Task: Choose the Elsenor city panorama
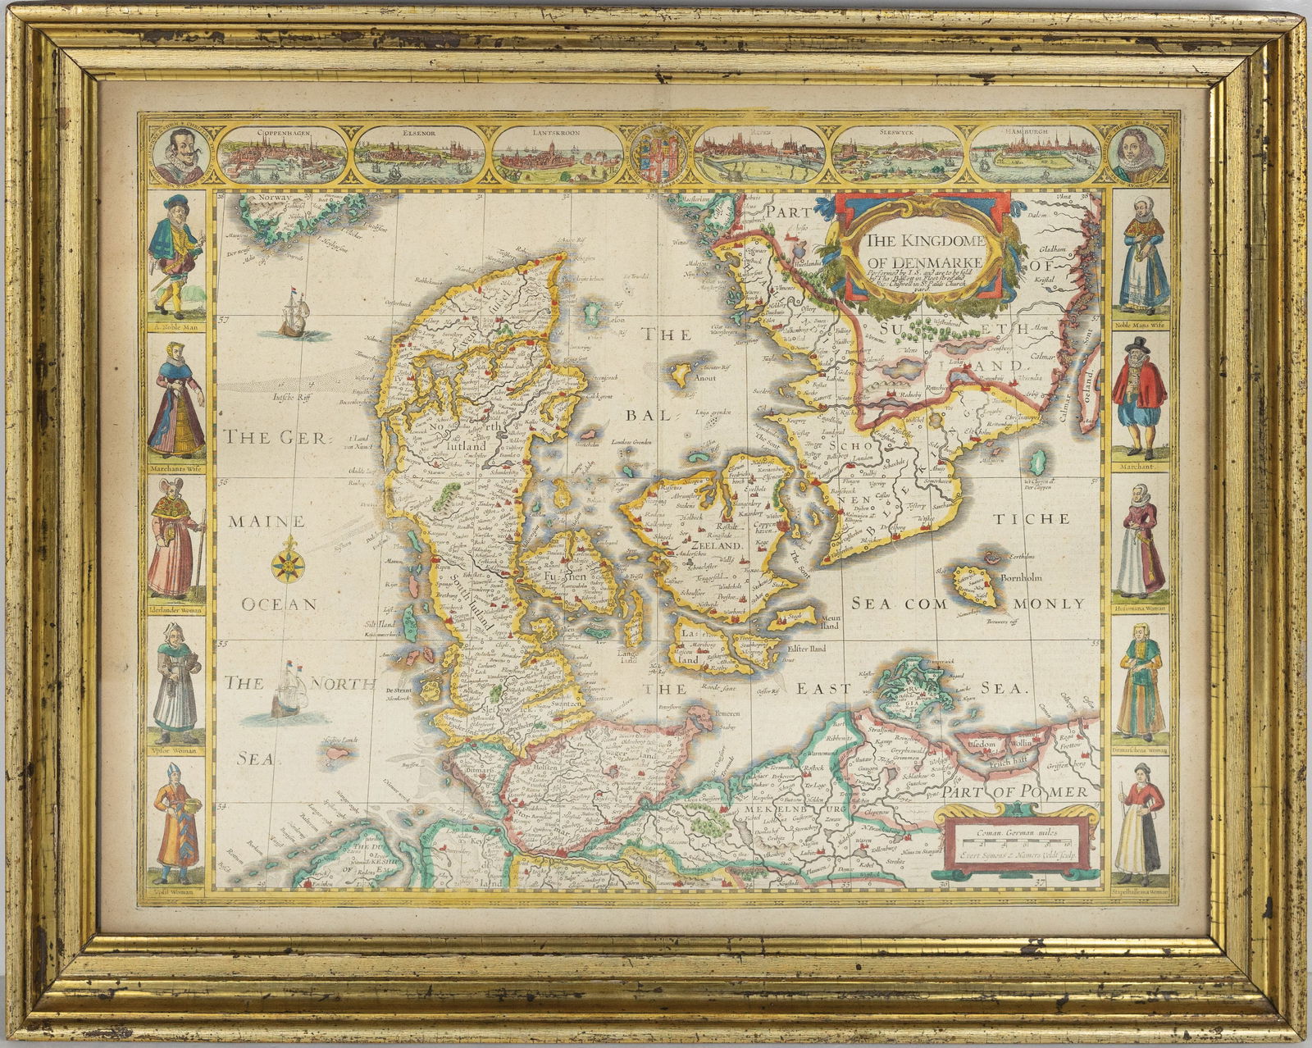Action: tap(421, 153)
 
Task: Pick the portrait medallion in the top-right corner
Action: tap(1140, 154)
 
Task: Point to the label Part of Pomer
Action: tap(1014, 792)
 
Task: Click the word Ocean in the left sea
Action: tap(279, 604)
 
